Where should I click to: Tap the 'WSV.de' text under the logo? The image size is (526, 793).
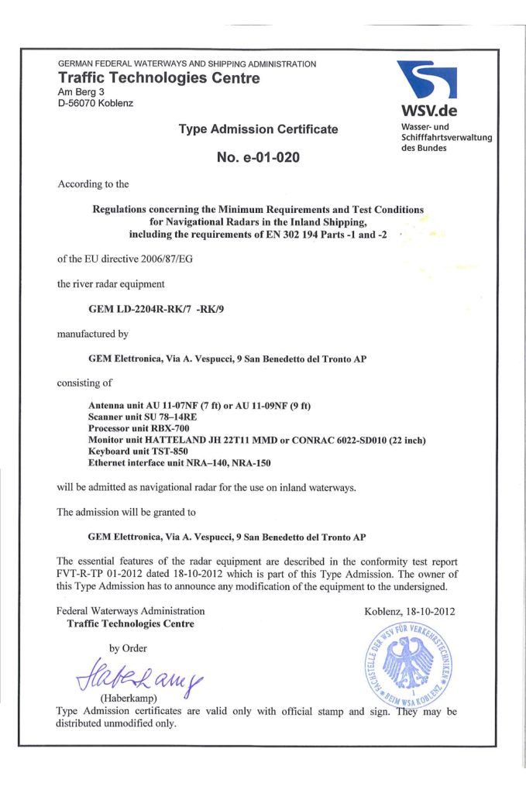pos(425,112)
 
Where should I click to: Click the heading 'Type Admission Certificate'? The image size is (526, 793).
pos(258,129)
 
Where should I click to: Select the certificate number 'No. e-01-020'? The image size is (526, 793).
pos(258,158)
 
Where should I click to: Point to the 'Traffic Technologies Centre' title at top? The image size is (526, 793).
pos(159,77)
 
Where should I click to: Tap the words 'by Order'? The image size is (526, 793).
pos(128,648)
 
